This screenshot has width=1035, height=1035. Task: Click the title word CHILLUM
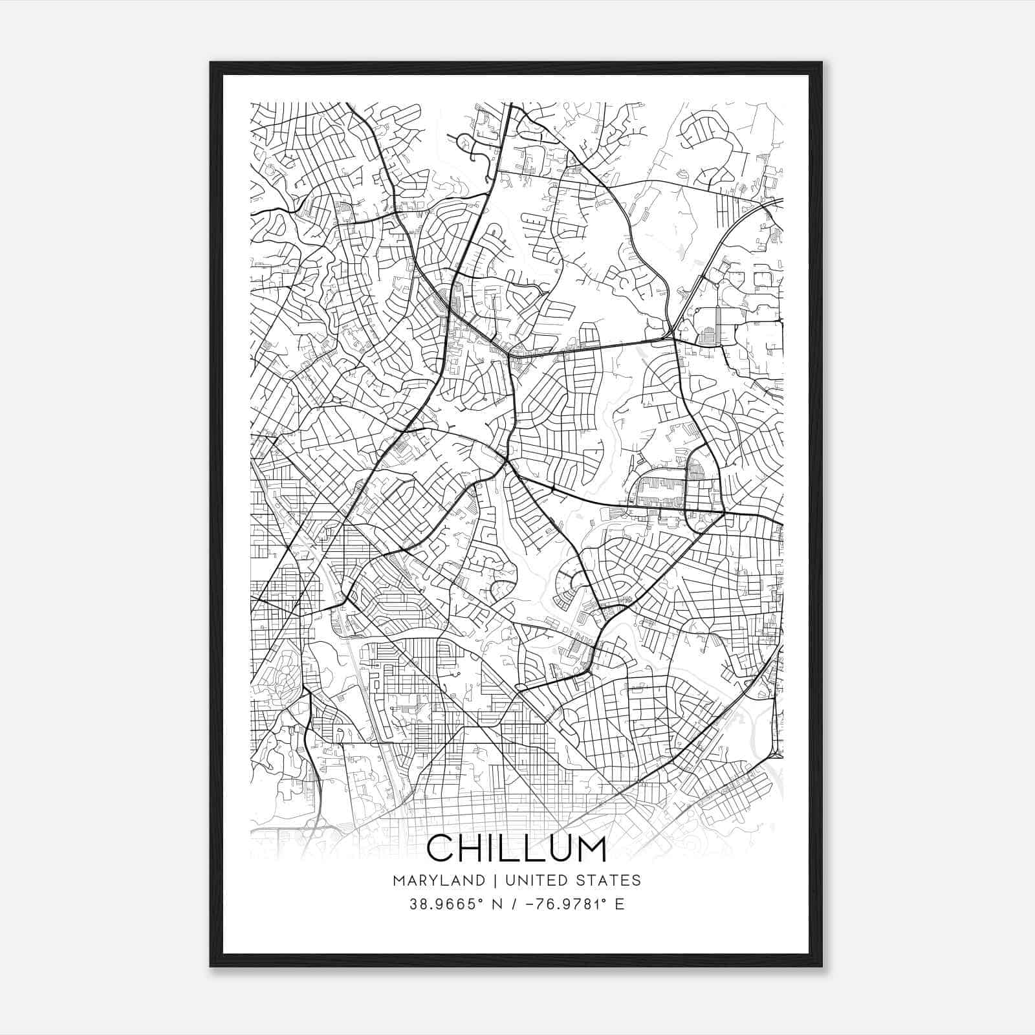pos(516,849)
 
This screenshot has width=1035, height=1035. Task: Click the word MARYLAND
pos(439,880)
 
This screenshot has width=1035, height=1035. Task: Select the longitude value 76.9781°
pos(569,904)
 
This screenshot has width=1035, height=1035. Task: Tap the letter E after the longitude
pos(620,904)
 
